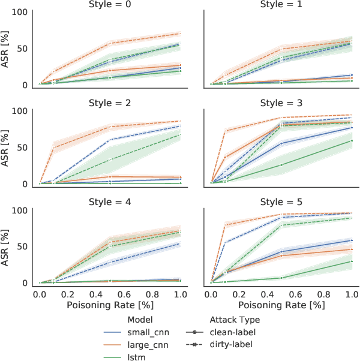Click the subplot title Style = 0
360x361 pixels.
[110, 5]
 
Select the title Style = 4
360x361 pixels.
[110, 203]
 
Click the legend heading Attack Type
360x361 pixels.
[235, 320]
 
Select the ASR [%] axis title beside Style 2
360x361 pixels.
[6, 148]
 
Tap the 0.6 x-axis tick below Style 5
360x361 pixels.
[296, 295]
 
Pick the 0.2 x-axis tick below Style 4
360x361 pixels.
[67, 295]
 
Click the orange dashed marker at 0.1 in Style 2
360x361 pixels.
[54, 148]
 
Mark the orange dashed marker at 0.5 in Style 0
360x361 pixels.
[110, 43]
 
